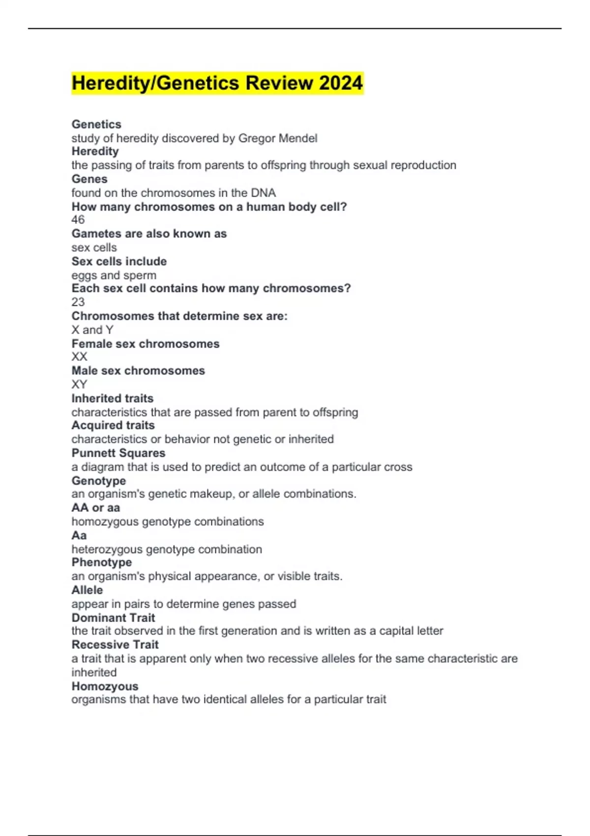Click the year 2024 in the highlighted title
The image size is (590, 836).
[x=341, y=83]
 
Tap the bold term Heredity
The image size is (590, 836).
[x=95, y=151]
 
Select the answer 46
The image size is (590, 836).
[x=78, y=220]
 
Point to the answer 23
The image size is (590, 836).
[x=78, y=302]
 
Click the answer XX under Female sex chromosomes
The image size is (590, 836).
[x=79, y=357]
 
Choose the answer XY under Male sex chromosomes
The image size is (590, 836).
[x=79, y=385]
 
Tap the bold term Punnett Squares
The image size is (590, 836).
[x=118, y=453]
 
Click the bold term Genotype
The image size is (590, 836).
[x=99, y=480]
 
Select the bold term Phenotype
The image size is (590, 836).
[x=102, y=562]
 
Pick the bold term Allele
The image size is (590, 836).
[x=87, y=590]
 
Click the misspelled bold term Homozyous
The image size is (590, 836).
[x=105, y=686]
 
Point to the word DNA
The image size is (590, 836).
[x=263, y=193]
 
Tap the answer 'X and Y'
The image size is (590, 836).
[x=92, y=330]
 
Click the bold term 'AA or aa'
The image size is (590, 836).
[x=96, y=508]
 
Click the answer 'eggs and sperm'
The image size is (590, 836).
[x=114, y=275]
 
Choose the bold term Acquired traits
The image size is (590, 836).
[x=113, y=425]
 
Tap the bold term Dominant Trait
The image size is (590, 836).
[x=113, y=618]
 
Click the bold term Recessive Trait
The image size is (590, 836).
[x=115, y=645]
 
